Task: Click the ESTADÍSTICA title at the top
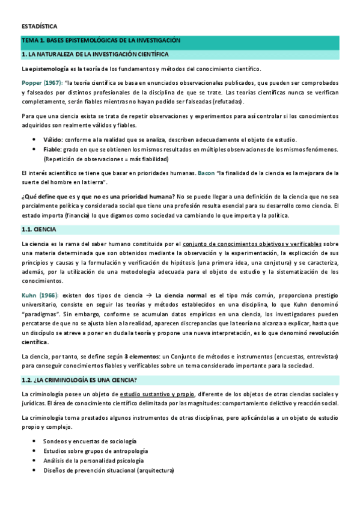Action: pyautogui.click(x=39, y=26)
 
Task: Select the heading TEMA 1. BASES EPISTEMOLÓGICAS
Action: pyautogui.click(x=100, y=41)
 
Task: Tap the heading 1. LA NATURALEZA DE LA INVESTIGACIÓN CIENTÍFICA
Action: pyautogui.click(x=95, y=54)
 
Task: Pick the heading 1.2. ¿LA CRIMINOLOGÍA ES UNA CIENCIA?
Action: pyautogui.click(x=79, y=380)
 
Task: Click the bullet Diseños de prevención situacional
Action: pyautogui.click(x=108, y=471)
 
